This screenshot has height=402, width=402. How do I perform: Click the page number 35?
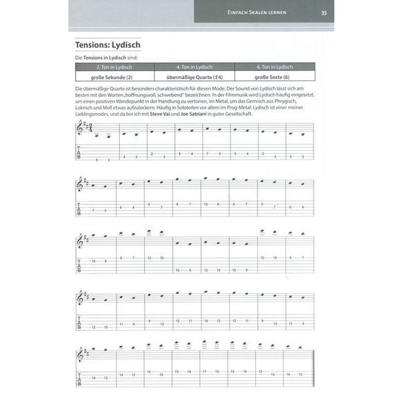tap(324, 12)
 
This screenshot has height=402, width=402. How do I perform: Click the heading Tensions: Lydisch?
tap(112, 45)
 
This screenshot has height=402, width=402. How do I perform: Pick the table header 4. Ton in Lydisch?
tap(194, 67)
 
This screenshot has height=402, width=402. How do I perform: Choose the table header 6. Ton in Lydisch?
tap(274, 67)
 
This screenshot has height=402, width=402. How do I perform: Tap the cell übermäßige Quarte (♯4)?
tap(194, 76)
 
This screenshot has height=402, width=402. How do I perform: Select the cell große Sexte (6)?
tap(274, 76)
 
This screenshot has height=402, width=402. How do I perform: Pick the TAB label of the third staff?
tap(79, 265)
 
